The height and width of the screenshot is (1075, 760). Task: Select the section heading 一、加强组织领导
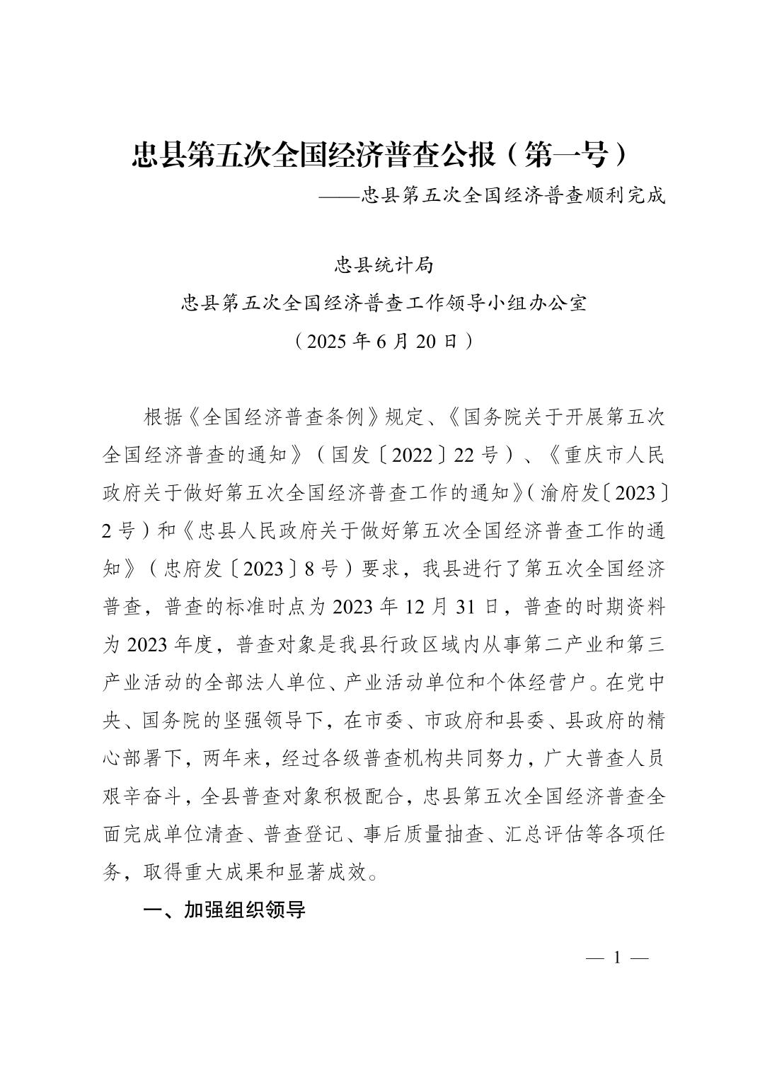click(224, 910)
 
